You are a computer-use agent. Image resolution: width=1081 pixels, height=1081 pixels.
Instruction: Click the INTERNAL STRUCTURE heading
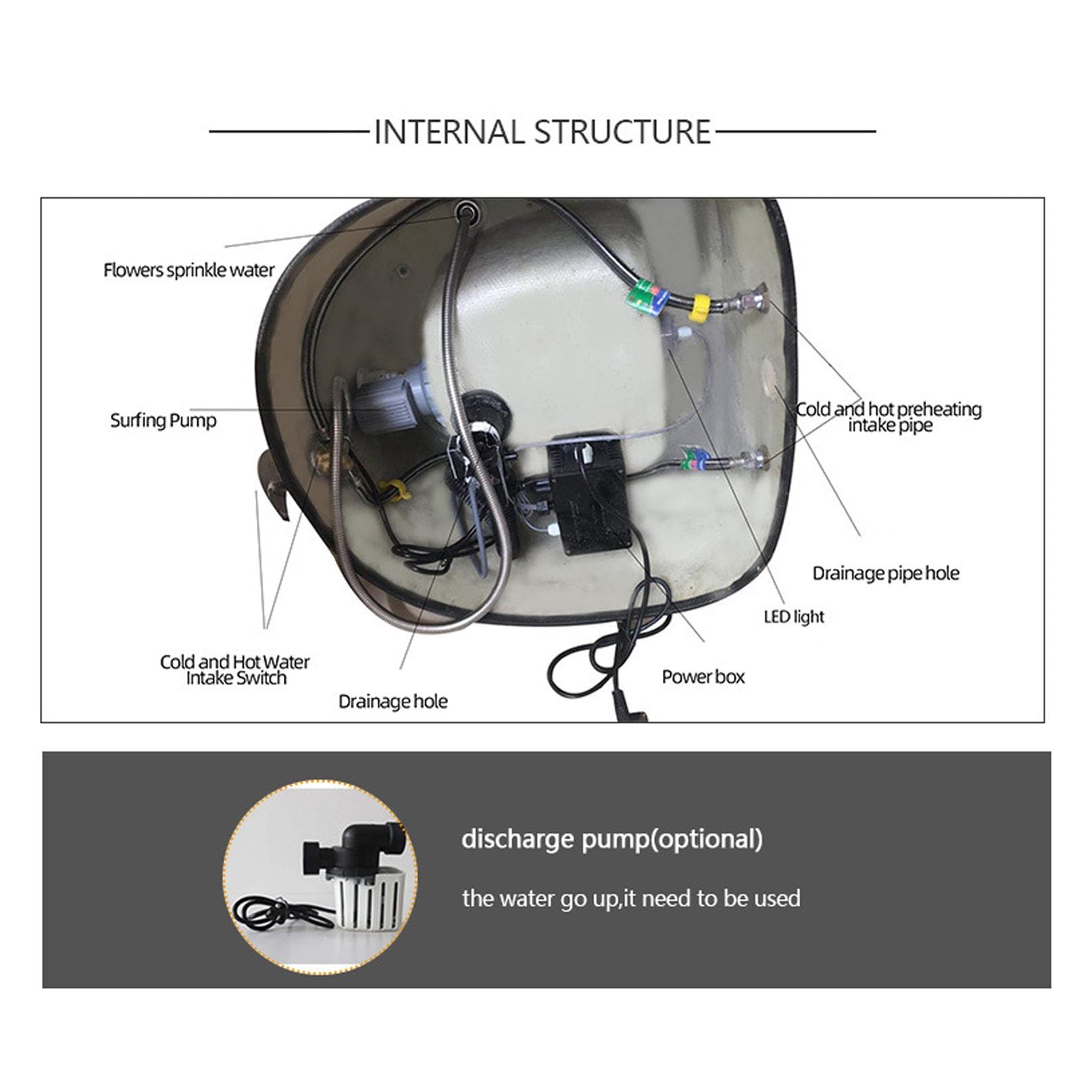pyautogui.click(x=542, y=132)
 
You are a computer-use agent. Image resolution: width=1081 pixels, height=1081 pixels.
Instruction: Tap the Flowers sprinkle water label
pyautogui.click(x=188, y=270)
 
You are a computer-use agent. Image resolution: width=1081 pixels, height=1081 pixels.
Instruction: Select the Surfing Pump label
pyautogui.click(x=164, y=420)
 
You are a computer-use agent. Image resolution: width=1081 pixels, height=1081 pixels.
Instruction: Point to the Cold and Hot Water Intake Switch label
pyautogui.click(x=235, y=670)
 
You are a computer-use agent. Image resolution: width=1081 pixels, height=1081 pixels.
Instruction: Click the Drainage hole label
pyautogui.click(x=393, y=701)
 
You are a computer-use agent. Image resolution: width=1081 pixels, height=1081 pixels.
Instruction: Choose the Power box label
pyautogui.click(x=703, y=677)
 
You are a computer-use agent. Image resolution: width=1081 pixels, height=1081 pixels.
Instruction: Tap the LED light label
pyautogui.click(x=794, y=616)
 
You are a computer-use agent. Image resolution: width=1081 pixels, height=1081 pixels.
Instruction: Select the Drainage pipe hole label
pyautogui.click(x=886, y=573)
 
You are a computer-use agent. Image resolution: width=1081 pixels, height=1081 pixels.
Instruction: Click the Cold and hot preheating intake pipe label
pyautogui.click(x=889, y=417)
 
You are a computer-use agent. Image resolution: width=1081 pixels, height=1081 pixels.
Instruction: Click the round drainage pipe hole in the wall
pyautogui.click(x=770, y=378)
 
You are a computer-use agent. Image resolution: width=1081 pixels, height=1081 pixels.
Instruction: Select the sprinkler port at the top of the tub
pyautogui.click(x=465, y=211)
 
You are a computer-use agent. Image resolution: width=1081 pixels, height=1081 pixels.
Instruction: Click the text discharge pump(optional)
pyautogui.click(x=612, y=839)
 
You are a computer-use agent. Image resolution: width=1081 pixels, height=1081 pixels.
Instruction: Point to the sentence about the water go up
pyautogui.click(x=631, y=899)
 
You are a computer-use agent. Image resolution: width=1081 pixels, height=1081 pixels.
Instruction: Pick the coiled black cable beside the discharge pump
pyautogui.click(x=273, y=913)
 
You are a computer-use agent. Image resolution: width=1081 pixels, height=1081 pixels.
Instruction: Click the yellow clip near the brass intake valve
pyautogui.click(x=394, y=490)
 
